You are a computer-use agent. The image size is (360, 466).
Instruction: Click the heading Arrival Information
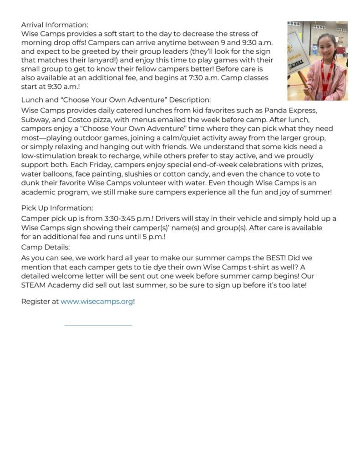click(x=55, y=25)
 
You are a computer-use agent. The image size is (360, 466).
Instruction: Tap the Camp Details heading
click(x=46, y=247)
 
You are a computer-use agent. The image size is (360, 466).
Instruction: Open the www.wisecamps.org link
click(x=96, y=302)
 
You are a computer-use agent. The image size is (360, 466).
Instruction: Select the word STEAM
click(x=33, y=285)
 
